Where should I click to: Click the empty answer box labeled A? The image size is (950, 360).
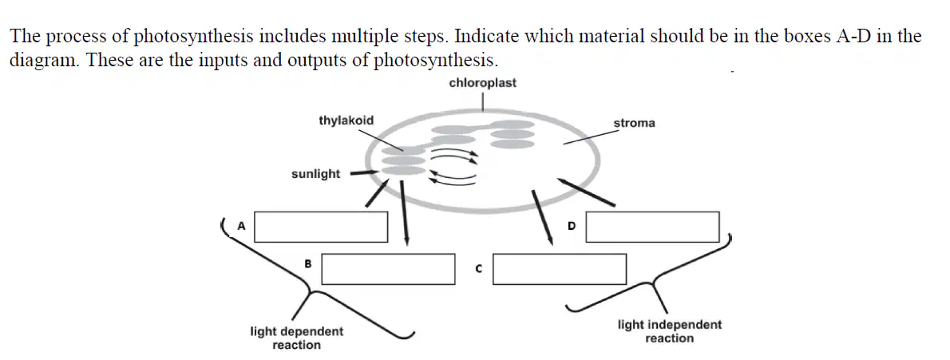point(321,227)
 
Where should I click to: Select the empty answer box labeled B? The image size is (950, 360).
point(388,269)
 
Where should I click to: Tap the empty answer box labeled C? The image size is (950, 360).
point(559,269)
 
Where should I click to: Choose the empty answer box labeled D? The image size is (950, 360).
point(652,227)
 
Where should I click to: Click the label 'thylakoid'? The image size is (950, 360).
point(346,121)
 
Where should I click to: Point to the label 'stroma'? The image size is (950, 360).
point(635,123)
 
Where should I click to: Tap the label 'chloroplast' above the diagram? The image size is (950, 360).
point(483,83)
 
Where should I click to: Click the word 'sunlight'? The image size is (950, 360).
point(315,175)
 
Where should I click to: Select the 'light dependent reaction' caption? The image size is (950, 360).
point(297,338)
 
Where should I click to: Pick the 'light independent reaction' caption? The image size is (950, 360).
point(670,331)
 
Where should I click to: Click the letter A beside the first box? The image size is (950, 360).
point(241,226)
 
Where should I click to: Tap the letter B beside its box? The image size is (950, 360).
point(308,263)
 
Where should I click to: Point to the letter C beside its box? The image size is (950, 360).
point(479,267)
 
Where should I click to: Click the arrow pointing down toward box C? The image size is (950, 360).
point(542,218)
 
